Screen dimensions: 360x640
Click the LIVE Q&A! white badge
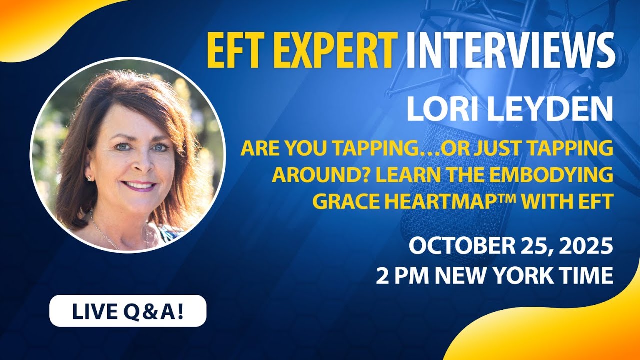128,311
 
